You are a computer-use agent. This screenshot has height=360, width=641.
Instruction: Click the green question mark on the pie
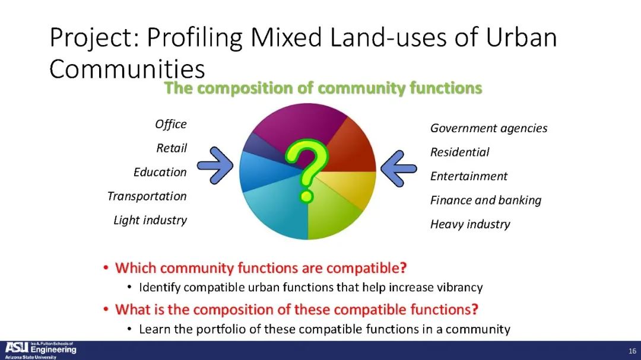click(x=307, y=170)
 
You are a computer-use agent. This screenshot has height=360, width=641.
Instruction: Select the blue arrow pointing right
click(x=215, y=165)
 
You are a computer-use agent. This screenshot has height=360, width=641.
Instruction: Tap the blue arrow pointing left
click(x=399, y=168)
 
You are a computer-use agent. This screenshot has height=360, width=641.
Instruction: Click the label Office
click(x=171, y=124)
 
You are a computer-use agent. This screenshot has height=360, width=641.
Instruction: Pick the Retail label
click(x=172, y=148)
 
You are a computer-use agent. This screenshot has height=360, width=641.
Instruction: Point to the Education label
click(x=160, y=172)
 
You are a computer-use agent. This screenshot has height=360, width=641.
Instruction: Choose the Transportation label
click(x=147, y=196)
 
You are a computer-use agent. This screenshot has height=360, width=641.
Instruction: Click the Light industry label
click(x=150, y=220)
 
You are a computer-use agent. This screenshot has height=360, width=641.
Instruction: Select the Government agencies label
click(x=488, y=128)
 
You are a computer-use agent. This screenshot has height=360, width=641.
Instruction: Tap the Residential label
click(x=459, y=152)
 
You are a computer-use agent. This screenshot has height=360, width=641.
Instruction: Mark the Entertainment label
click(x=468, y=176)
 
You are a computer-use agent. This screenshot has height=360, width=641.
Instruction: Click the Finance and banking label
click(x=485, y=200)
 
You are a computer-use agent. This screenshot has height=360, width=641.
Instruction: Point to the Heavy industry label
click(x=470, y=224)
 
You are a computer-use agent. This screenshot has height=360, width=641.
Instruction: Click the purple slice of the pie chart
click(x=299, y=123)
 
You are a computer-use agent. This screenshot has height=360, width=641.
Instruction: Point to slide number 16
click(x=632, y=351)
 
